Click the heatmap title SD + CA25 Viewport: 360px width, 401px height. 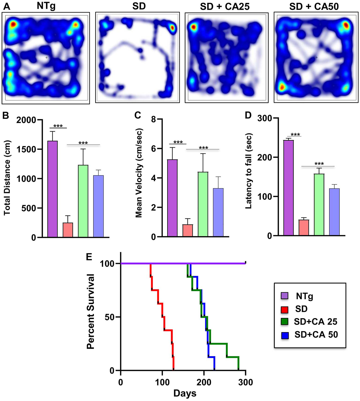coord(225,7)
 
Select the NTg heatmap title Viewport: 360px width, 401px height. coord(46,6)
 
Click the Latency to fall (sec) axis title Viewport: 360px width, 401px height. coord(248,171)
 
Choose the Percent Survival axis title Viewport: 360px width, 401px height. coord(91,312)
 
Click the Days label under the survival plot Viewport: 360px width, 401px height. coord(185,393)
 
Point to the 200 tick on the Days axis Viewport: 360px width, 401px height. coord(204,382)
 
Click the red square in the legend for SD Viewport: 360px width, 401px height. coord(284,309)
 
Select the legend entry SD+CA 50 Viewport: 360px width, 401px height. coord(316,335)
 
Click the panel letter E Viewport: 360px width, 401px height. coord(89,257)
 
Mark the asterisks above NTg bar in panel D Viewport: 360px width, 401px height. coord(295,135)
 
